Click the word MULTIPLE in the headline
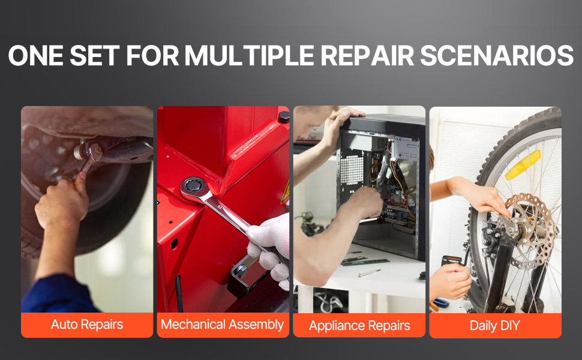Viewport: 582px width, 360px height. click(x=250, y=56)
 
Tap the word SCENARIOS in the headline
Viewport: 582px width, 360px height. click(x=497, y=56)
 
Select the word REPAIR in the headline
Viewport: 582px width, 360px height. click(x=367, y=56)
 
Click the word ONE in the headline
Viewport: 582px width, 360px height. click(x=35, y=56)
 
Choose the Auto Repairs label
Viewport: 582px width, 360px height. click(x=87, y=325)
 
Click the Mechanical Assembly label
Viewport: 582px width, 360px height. click(x=223, y=325)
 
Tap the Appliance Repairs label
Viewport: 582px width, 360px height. click(x=359, y=325)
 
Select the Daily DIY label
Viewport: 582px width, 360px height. click(x=495, y=325)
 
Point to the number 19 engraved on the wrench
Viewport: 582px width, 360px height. click(x=220, y=207)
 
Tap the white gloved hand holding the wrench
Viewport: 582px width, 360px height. click(x=270, y=248)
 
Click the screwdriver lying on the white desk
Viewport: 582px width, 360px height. click(x=369, y=273)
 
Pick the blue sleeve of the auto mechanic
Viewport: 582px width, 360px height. click(x=56, y=295)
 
